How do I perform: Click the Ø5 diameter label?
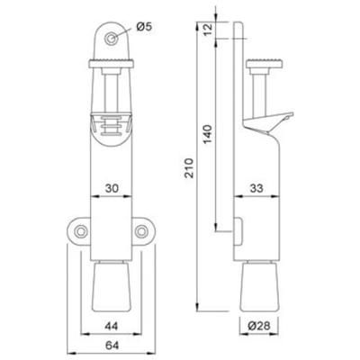(x=144, y=27)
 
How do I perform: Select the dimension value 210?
(x=190, y=167)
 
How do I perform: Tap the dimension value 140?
(x=208, y=134)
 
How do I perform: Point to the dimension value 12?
(x=208, y=30)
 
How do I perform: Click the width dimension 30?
(x=112, y=188)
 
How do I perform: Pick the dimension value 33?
(x=256, y=188)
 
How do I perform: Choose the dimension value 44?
(x=112, y=326)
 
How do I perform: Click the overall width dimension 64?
(x=112, y=346)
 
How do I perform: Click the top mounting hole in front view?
(x=111, y=39)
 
